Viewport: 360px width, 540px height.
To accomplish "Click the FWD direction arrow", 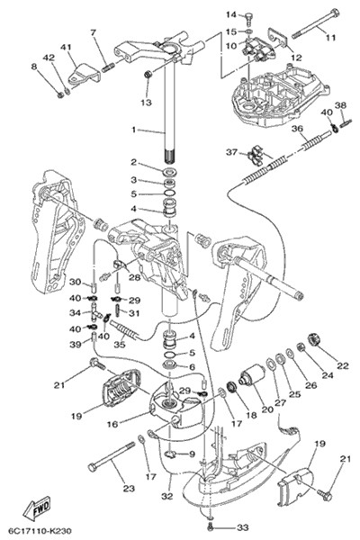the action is (37, 508).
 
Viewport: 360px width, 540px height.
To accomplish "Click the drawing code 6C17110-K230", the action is (40, 531).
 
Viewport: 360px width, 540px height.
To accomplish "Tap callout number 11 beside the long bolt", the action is (330, 37).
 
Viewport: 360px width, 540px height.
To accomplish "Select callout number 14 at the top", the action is (231, 14).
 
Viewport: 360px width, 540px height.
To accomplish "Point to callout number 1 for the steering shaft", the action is (134, 130).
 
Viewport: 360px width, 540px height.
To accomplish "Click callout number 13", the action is (147, 103).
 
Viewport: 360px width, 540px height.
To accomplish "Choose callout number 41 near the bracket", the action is (66, 47).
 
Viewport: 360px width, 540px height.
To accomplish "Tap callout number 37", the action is (232, 151).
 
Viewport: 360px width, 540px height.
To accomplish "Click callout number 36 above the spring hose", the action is (297, 129).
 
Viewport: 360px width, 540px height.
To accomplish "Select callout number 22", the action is (343, 365).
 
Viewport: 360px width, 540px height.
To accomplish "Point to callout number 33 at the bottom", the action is (243, 527).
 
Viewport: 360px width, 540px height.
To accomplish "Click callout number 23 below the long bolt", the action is (129, 488).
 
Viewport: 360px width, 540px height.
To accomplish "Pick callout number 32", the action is (166, 496).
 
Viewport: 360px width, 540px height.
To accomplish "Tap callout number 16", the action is (112, 424).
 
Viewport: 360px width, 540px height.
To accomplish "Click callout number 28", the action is (134, 276).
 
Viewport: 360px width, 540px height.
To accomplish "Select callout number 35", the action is (120, 344).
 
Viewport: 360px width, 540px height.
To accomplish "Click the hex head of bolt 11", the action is (334, 13).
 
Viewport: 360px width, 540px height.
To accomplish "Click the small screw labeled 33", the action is (211, 526).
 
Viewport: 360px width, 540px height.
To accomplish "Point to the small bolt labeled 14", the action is (249, 18).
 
